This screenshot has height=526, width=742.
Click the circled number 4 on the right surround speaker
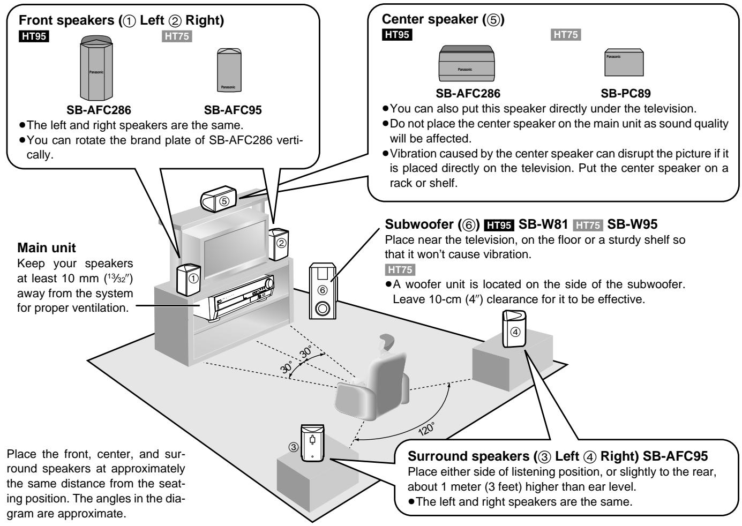tap(515, 331)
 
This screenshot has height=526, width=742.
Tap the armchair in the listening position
tap(371, 381)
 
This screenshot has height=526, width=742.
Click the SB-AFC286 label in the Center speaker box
tap(468, 93)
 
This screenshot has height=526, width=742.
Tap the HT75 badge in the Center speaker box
tap(566, 35)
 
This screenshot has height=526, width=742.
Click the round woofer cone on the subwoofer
tap(323, 310)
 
